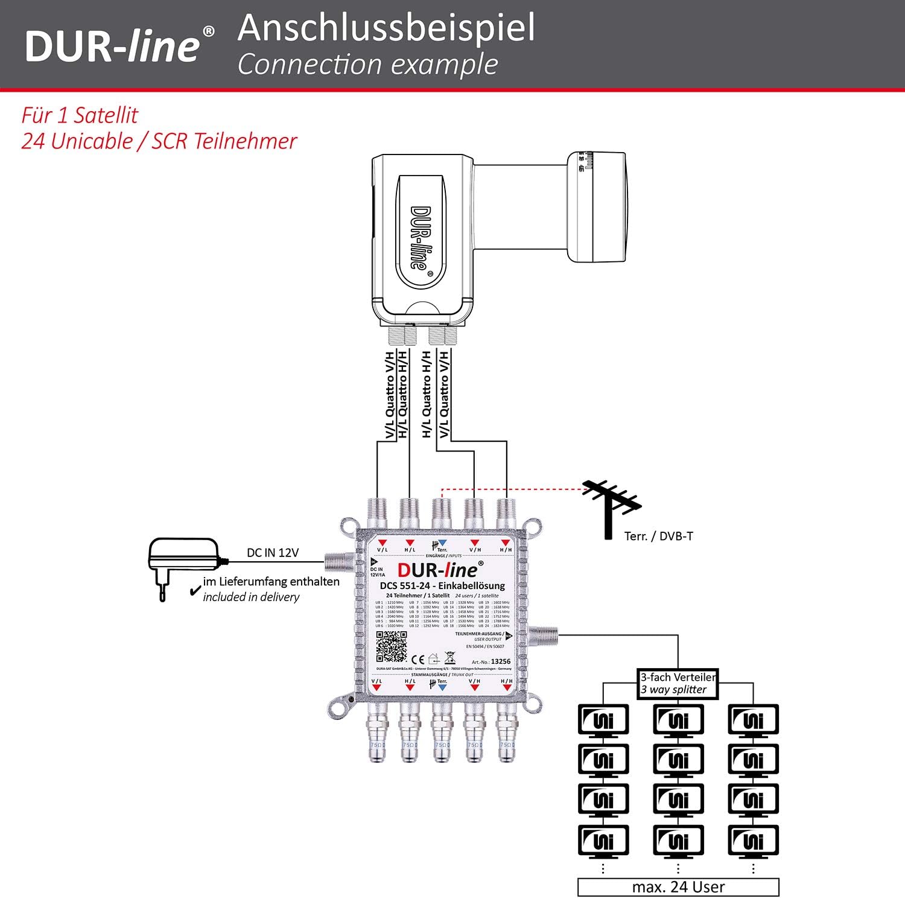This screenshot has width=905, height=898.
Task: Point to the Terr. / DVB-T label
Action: (x=658, y=536)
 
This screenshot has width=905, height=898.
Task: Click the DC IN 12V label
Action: (x=272, y=553)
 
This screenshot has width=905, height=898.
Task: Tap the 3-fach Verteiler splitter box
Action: (x=678, y=684)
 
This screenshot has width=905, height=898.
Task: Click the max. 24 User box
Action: (x=678, y=887)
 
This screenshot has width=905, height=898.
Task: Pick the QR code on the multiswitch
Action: (x=392, y=647)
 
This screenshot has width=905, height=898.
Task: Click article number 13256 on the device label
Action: (x=500, y=661)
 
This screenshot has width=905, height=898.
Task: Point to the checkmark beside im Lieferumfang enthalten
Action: (x=195, y=590)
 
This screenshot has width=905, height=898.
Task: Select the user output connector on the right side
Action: (x=543, y=635)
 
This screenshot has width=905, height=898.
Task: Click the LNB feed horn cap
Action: (x=597, y=207)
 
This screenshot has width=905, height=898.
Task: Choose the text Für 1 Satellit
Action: (x=80, y=115)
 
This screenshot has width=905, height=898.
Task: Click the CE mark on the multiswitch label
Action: (x=418, y=660)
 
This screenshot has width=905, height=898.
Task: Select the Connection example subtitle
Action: (x=367, y=65)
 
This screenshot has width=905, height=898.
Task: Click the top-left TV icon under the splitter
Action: (x=603, y=719)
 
